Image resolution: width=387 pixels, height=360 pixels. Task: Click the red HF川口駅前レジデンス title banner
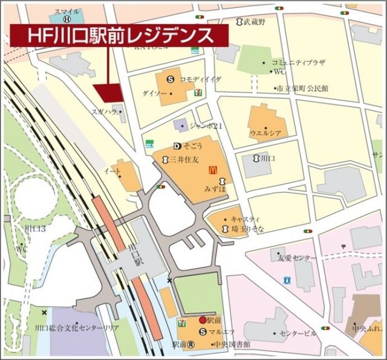120,36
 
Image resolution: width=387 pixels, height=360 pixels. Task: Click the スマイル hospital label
66,11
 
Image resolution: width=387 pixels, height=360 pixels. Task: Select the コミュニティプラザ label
299,62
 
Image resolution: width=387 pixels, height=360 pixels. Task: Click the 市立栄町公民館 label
302,88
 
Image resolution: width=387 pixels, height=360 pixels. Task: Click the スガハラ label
103,112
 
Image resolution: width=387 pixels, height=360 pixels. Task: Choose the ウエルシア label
266,132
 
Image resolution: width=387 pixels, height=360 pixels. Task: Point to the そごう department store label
192,146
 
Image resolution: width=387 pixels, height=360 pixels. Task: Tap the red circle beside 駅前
203,320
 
